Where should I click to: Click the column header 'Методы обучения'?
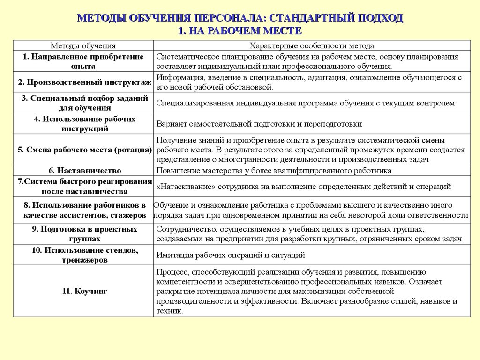83,45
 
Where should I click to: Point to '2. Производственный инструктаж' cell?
85,82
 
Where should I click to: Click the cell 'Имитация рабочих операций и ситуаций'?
231,255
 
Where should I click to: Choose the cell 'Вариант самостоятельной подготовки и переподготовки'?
259,124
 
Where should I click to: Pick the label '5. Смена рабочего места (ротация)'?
85,150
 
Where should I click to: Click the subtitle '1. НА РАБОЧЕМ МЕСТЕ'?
240,30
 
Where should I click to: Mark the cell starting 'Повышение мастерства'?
274,171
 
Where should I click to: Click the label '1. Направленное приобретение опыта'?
83,61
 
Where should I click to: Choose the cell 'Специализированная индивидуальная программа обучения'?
305,103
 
